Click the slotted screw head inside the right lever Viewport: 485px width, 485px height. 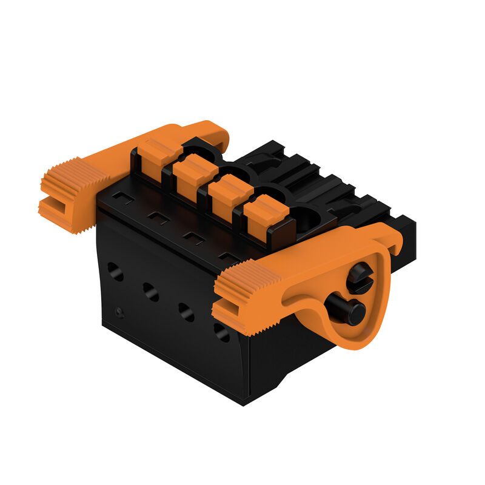tap(360, 278)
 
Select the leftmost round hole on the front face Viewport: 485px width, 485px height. tap(115, 271)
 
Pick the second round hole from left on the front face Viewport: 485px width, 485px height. tap(150, 291)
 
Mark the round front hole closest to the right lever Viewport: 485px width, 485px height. tap(222, 332)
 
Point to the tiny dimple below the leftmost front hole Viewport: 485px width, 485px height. tap(119, 312)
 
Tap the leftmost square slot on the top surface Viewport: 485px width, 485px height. tap(123, 198)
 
